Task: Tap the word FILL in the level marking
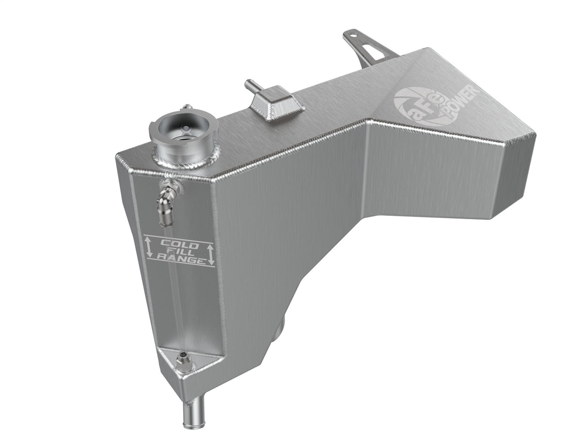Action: pyautogui.click(x=179, y=252)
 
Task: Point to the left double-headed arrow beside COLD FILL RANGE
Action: pyautogui.click(x=149, y=247)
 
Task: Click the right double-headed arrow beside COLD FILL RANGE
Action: pyautogui.click(x=210, y=253)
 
